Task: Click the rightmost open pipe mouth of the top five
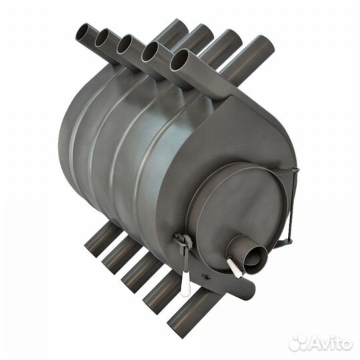coord(179,60)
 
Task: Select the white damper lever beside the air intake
coord(233,267)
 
